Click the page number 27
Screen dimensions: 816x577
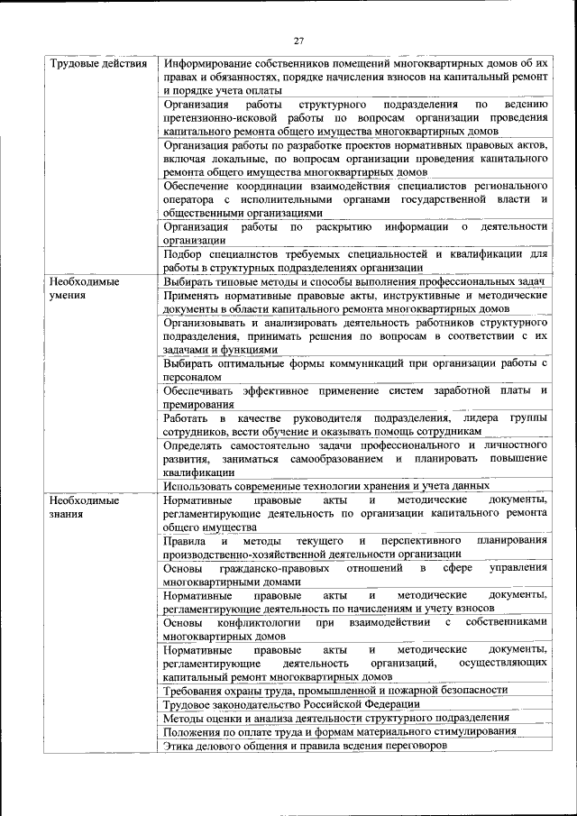tap(298, 40)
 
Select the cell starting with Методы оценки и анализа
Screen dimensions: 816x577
tap(336, 718)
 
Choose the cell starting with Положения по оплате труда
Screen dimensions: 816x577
tap(340, 732)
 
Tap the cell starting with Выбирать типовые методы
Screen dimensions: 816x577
tap(354, 282)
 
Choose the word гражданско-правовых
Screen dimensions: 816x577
tap(268, 568)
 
